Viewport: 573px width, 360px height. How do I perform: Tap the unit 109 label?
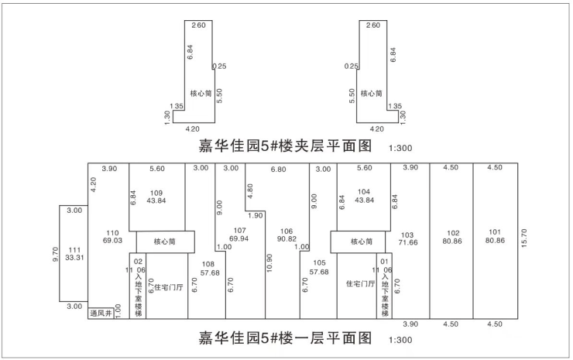(157, 192)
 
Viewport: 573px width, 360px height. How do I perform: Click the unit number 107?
(238, 230)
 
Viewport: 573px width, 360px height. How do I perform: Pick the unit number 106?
(287, 231)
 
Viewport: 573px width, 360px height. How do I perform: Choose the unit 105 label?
(319, 264)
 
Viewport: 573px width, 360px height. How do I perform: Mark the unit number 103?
(408, 234)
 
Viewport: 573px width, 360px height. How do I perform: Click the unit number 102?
(455, 231)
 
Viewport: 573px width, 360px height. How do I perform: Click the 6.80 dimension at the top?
(276, 168)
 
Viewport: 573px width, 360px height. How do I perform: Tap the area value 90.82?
(287, 239)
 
